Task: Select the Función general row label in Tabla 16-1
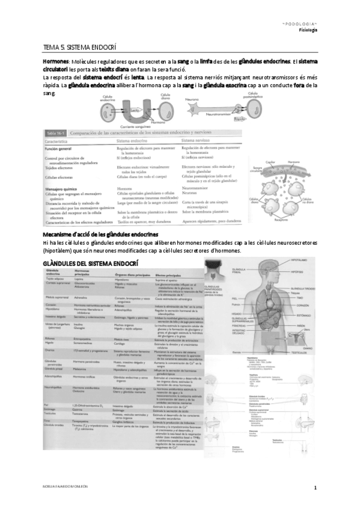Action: pyautogui.click(x=61, y=147)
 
